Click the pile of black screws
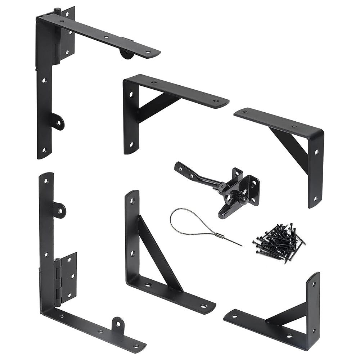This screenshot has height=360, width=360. [x=279, y=242]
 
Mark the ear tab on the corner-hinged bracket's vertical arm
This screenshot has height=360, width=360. [x=58, y=122]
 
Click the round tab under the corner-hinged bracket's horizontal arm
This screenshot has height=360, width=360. [x=126, y=54]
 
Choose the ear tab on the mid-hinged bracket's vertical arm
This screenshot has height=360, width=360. [x=59, y=210]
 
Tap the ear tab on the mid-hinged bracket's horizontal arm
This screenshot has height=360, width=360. [x=118, y=324]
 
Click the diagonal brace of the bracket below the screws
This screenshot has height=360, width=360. [x=286, y=313]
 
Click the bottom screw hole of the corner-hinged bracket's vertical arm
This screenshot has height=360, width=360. [x=44, y=150]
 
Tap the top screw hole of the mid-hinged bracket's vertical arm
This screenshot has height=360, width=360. [x=46, y=181]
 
